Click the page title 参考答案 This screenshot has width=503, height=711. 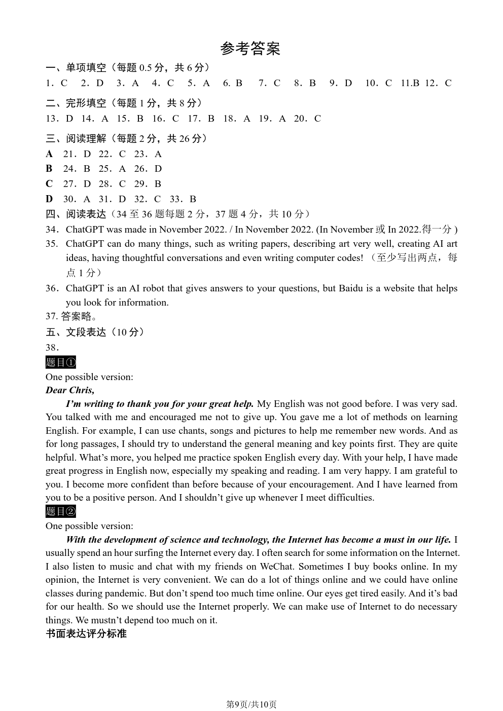pos(250,49)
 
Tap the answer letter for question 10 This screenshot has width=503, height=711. pos(388,83)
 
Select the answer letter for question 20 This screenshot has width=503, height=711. pos(317,119)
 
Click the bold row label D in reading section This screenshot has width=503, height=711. pos(49,199)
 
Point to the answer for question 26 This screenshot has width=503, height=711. pos(158,169)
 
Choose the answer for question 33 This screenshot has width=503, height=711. pos(193,199)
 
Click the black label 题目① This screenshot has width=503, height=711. pos(60,362)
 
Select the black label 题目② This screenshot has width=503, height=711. pos(60,511)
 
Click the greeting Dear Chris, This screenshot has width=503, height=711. pos(70,390)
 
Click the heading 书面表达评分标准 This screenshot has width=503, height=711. pos(86,633)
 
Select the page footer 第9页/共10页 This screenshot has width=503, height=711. pos(251,704)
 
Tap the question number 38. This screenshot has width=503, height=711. pos(52,348)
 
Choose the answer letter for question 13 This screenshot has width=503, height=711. pos(69,119)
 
